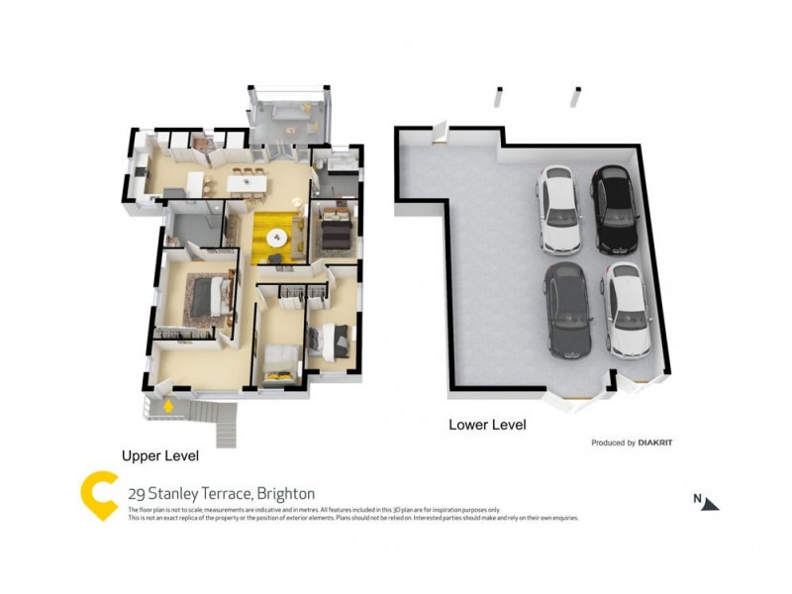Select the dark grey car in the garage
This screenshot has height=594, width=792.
coord(567,312)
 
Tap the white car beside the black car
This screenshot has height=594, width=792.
coord(557,210)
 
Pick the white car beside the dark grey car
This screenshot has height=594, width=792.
coord(627,310)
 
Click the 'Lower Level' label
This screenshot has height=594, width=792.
coord(487,425)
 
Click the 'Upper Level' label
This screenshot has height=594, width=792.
coord(160,456)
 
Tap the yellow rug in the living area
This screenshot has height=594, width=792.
coord(276,239)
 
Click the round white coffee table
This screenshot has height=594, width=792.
coord(276,238)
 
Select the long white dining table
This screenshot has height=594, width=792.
coord(245,183)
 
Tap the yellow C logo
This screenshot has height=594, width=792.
coord(99,494)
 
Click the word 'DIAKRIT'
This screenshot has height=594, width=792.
coord(654,443)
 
